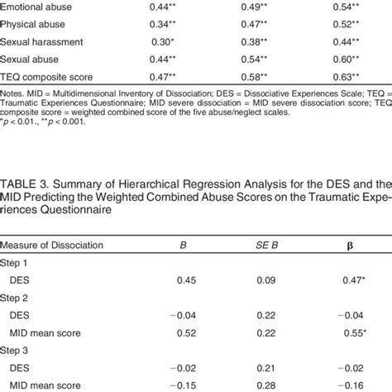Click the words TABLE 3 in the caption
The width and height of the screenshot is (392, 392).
click(26, 181)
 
